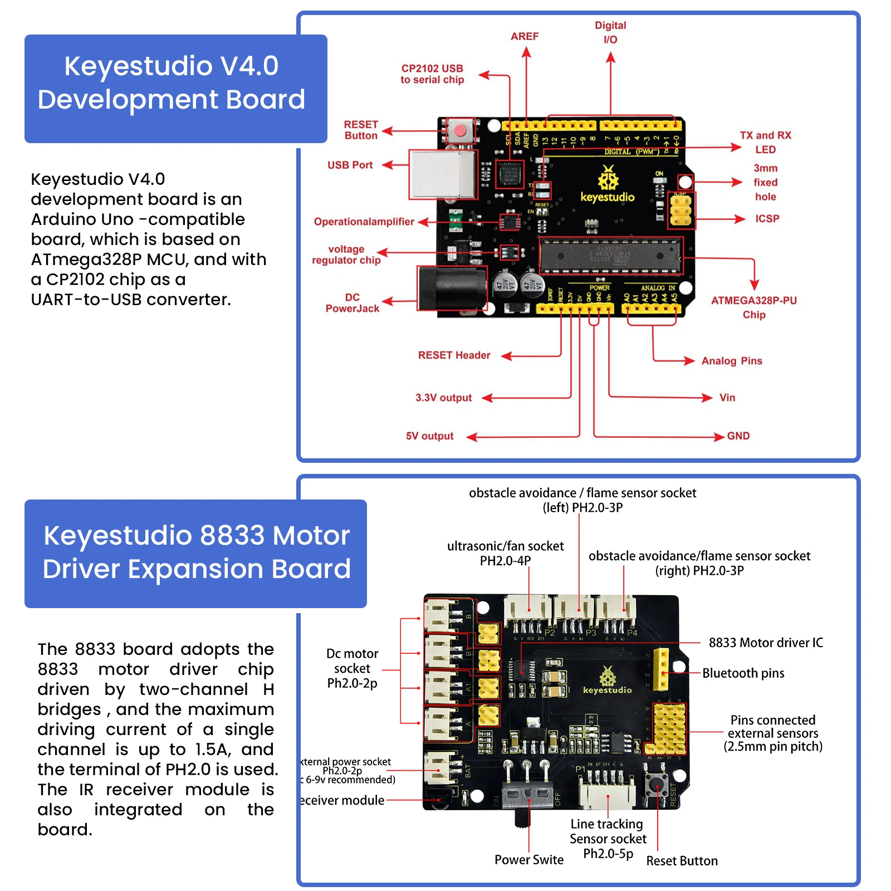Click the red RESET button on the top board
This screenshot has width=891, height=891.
[460, 131]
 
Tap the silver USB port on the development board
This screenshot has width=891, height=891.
[443, 174]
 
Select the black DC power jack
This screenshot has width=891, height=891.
[452, 288]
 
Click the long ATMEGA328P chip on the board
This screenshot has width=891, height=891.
[610, 256]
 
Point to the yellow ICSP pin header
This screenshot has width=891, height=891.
[681, 210]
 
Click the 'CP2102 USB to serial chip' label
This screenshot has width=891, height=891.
[432, 74]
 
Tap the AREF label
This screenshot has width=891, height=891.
[525, 37]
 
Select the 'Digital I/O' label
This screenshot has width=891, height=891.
[610, 32]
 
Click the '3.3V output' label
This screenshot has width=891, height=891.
[443, 398]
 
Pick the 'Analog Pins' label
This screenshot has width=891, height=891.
[731, 361]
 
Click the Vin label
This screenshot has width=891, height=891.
[727, 398]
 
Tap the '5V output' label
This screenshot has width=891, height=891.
[429, 436]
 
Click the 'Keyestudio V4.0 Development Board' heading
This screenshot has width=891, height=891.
[172, 83]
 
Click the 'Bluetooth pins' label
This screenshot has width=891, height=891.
[743, 673]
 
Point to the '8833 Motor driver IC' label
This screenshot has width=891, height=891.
[765, 643]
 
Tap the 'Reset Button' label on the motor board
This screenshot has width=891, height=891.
[682, 861]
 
